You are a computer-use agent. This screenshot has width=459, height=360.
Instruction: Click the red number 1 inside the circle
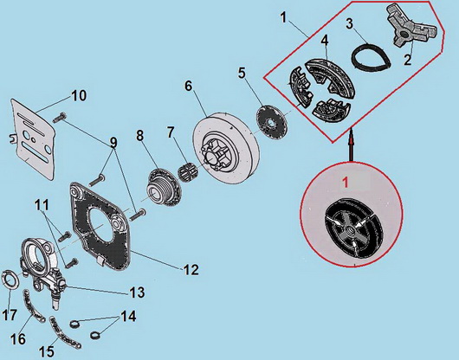pos(346,183)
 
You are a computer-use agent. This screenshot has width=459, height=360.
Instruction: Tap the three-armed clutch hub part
pos(412,29)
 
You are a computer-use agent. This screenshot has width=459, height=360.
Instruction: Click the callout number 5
pos(242,73)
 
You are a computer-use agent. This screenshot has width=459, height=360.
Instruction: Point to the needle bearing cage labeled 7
pos(187,170)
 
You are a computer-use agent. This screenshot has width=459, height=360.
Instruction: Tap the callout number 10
pos(79,96)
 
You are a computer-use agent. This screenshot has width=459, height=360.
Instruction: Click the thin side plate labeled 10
pos(33,138)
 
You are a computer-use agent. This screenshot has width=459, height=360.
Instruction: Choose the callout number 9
pos(113,143)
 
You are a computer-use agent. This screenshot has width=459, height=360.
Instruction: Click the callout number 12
pos(191,270)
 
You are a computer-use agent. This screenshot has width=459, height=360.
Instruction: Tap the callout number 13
pos(138,292)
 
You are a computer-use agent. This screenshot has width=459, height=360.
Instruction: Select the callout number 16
pos(18,339)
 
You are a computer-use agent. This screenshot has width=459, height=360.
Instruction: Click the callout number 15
pos(47,351)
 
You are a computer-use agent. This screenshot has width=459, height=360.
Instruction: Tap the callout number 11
pos(42,205)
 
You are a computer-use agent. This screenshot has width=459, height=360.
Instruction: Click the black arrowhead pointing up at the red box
pos(351,135)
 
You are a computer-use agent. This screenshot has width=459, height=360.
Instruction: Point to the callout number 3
pos(349,24)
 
